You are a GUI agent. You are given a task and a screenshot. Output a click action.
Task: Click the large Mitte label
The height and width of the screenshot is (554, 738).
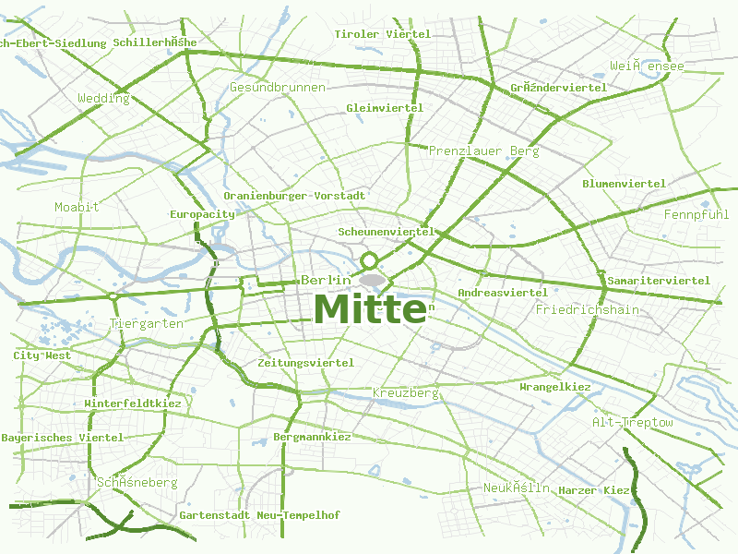369,308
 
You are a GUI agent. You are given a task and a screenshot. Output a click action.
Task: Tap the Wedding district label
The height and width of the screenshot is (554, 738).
103,98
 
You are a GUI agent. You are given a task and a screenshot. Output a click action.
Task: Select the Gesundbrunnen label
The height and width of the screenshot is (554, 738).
277,87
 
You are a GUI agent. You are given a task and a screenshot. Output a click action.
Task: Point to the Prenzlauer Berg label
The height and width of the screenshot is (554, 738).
483,151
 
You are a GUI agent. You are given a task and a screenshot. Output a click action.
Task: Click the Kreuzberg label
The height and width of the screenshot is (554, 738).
405,393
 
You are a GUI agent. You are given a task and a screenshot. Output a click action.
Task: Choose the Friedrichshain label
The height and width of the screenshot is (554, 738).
587,309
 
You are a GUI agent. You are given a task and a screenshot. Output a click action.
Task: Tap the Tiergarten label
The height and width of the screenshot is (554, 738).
147,323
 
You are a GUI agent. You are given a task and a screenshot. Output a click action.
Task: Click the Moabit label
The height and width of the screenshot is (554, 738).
77,207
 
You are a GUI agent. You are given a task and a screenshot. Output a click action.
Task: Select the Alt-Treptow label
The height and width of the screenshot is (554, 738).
632,422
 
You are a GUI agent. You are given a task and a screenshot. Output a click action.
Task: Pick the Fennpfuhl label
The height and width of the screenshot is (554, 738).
696,214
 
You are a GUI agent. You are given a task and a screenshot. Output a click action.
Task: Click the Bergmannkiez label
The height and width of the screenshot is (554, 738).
312,437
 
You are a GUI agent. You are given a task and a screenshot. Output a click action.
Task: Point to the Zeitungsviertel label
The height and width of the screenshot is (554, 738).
305,363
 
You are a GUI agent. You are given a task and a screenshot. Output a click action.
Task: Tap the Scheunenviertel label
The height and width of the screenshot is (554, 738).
386,232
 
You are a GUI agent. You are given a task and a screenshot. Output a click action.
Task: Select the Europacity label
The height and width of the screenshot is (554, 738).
202,214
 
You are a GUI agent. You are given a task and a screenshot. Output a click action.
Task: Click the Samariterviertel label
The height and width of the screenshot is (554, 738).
658,280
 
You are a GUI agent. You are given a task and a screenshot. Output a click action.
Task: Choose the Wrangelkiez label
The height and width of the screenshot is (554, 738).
555,387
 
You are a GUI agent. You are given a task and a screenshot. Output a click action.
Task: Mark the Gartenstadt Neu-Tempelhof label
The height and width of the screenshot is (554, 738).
246,514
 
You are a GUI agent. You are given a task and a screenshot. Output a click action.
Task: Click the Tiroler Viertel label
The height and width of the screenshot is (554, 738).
382,34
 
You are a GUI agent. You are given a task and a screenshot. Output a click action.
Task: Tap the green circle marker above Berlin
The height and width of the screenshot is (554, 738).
369,260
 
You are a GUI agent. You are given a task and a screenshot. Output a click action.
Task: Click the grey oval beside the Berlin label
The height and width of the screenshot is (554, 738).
372,279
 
